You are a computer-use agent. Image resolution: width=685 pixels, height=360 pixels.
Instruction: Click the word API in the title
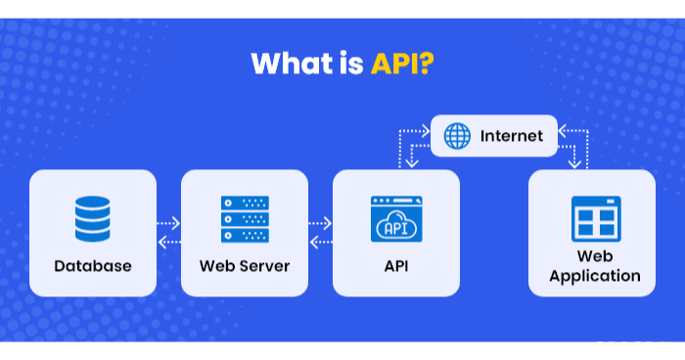click(x=396, y=64)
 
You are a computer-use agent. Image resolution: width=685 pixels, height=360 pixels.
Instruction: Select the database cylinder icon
click(x=93, y=219)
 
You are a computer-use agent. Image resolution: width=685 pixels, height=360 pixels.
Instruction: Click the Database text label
click(x=93, y=265)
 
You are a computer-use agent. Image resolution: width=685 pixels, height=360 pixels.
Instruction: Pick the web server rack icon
click(x=245, y=219)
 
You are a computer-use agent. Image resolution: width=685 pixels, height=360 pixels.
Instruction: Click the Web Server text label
click(x=245, y=265)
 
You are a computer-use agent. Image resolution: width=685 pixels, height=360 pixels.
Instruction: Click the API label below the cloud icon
click(x=396, y=265)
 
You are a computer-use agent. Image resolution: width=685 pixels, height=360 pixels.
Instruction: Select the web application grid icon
click(x=596, y=219)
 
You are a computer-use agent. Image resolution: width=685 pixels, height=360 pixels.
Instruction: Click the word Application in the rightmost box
click(x=595, y=276)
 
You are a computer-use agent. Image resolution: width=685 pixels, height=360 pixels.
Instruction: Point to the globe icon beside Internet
click(x=457, y=136)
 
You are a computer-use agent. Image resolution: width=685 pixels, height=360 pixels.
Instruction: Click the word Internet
click(x=511, y=136)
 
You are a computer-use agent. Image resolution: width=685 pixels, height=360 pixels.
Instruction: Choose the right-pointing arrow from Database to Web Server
click(x=169, y=224)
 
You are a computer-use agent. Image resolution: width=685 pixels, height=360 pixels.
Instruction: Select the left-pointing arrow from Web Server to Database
click(x=169, y=242)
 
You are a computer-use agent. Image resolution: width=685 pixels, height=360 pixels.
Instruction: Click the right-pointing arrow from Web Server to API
click(x=321, y=224)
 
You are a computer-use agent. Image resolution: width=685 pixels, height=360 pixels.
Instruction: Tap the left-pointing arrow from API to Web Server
click(x=321, y=242)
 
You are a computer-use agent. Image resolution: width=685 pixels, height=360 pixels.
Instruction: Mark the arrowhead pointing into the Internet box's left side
click(x=427, y=125)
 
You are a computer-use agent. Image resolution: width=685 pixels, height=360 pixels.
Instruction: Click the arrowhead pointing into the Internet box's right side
click(x=562, y=125)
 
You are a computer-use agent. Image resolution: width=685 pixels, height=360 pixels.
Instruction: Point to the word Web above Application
click(x=595, y=256)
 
